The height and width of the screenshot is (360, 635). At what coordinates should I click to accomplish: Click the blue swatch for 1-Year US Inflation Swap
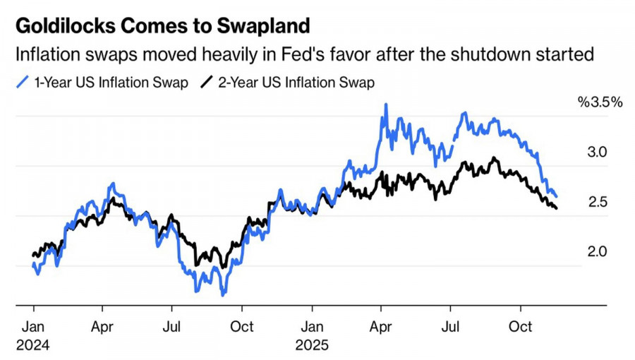coord(22,83)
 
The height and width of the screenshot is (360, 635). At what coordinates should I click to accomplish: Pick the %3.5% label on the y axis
coord(600,102)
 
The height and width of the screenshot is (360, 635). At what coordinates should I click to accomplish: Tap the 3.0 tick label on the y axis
coord(598,152)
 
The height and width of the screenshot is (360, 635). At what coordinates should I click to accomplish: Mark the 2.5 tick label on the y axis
coord(598,203)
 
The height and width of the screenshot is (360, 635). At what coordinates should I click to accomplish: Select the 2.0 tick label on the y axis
coord(598,252)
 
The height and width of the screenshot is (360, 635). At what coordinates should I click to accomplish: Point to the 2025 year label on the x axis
coord(314,346)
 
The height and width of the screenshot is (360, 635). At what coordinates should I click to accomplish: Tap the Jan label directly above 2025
coord(314,328)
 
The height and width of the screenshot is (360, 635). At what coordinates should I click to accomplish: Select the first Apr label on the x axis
coord(103,328)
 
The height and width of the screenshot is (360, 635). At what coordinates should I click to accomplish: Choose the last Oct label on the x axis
coord(521,328)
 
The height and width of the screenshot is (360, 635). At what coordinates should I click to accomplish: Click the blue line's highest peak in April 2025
coord(385,104)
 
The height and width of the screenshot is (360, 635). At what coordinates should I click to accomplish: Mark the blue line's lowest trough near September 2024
coord(223,294)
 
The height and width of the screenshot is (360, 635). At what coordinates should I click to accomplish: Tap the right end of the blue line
coord(557,196)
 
